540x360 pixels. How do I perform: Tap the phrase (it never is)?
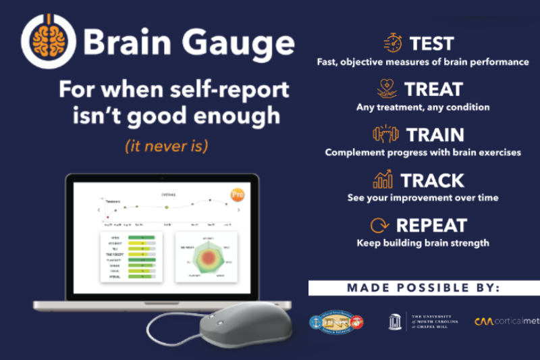pyautogui.click(x=173, y=145)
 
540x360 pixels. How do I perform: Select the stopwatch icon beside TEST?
pyautogui.click(x=392, y=43)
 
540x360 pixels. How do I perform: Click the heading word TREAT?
pyautogui.click(x=433, y=89)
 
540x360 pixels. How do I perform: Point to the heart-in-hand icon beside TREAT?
pyautogui.click(x=387, y=88)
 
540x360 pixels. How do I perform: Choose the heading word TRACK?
pyautogui.click(x=432, y=180)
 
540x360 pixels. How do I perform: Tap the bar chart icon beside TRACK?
pyautogui.click(x=383, y=180)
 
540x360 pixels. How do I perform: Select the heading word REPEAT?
pyautogui.click(x=431, y=226)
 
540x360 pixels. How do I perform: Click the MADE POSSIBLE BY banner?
pyautogui.click(x=423, y=288)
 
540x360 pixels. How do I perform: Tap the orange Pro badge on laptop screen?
pyautogui.click(x=237, y=195)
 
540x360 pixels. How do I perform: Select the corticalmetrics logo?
pyautogui.click(x=507, y=322)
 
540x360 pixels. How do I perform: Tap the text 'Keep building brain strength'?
pyautogui.click(x=423, y=243)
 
